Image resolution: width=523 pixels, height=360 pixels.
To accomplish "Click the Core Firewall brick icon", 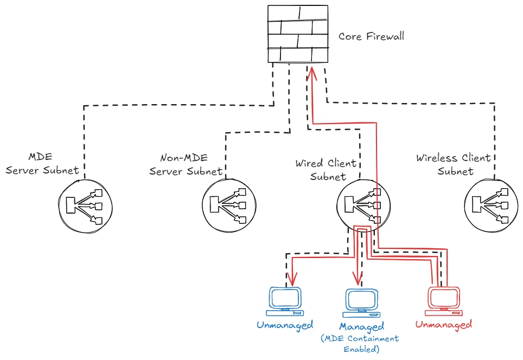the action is pyautogui.click(x=298, y=34).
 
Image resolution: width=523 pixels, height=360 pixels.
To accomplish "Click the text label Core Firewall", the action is pyautogui.click(x=371, y=36).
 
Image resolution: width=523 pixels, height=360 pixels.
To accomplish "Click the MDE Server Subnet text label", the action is pyautogui.click(x=42, y=164).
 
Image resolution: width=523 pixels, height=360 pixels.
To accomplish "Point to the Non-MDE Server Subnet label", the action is pyautogui.click(x=186, y=164).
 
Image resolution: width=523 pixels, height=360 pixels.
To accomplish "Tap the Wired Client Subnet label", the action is pyautogui.click(x=326, y=170).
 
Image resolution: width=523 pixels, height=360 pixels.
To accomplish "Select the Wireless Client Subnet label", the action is pyautogui.click(x=454, y=164).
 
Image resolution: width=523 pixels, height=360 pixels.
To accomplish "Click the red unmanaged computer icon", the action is pyautogui.click(x=444, y=301).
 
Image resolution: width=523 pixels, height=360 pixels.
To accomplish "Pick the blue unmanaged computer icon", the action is pyautogui.click(x=285, y=301).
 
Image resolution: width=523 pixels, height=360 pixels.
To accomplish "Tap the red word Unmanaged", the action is pyautogui.click(x=444, y=324).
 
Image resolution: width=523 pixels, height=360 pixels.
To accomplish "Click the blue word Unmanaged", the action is pyautogui.click(x=285, y=325).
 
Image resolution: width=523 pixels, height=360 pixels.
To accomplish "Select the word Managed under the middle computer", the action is pyautogui.click(x=361, y=327).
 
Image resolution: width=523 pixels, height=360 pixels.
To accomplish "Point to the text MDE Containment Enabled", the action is pyautogui.click(x=360, y=344).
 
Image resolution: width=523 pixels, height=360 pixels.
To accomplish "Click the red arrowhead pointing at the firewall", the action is pyautogui.click(x=312, y=73).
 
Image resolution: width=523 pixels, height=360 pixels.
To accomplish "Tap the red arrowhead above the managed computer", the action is pyautogui.click(x=358, y=278).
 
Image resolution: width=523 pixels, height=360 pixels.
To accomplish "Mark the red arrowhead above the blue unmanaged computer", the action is pyautogui.click(x=292, y=279).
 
